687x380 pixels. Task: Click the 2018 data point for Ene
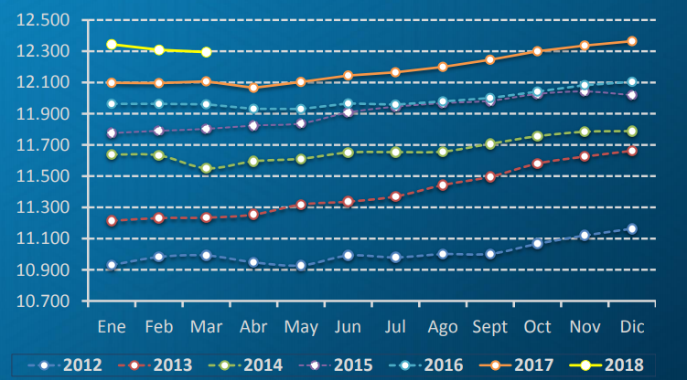[112, 44]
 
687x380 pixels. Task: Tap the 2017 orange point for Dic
[631, 41]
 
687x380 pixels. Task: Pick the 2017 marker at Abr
[253, 88]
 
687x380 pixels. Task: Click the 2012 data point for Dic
[631, 228]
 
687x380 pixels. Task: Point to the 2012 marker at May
[300, 266]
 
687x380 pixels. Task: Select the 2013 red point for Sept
[489, 177]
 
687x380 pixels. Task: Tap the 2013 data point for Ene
[112, 220]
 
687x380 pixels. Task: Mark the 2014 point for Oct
[537, 136]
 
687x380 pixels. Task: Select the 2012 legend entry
[69, 364]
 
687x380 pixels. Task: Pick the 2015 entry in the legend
[339, 364]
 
